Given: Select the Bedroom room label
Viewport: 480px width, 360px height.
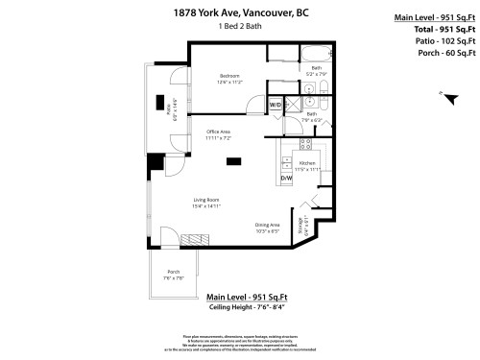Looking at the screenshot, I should point(228,78).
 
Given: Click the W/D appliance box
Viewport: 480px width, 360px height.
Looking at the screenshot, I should point(276,104).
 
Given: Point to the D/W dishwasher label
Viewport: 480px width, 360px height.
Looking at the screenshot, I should point(286,178).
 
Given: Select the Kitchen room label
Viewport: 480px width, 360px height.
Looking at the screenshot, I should point(307,166).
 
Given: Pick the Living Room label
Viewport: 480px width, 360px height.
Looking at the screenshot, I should point(206,203).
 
